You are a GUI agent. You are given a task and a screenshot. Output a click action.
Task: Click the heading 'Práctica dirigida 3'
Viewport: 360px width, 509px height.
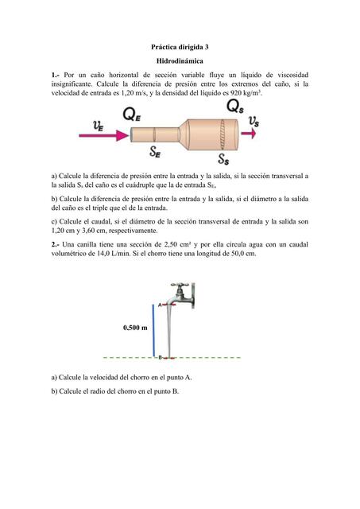[x=180, y=47]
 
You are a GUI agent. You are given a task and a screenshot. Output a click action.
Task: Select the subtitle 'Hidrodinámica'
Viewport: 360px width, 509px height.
[x=180, y=61]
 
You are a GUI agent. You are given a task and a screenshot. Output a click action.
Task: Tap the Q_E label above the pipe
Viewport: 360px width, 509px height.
[x=132, y=115]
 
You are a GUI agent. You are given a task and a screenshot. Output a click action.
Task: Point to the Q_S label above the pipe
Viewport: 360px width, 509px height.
[x=234, y=107]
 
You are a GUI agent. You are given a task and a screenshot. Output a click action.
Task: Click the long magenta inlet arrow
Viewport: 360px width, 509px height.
[x=104, y=135]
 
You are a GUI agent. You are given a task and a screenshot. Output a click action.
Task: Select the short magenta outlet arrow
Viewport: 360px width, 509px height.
[x=249, y=134]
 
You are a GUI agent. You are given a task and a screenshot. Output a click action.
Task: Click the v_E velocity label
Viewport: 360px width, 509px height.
[x=99, y=126]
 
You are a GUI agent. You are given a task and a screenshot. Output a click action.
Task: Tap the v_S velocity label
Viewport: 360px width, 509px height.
[x=254, y=122]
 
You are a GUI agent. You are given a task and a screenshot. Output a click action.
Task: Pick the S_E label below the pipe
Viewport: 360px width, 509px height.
[x=155, y=152]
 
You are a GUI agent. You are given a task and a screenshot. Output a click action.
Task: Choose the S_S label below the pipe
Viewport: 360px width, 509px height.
[x=223, y=159]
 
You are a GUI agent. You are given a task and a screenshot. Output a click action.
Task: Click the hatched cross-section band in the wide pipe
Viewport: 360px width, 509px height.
[x=223, y=134]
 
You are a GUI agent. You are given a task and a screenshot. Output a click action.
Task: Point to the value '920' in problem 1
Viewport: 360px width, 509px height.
[x=235, y=93]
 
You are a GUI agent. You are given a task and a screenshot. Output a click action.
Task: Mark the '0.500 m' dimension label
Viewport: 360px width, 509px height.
[x=135, y=328]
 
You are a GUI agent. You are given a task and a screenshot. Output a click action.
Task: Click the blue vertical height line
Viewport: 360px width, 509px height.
[x=153, y=330]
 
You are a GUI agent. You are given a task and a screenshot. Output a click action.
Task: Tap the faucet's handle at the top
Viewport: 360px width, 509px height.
[x=180, y=286]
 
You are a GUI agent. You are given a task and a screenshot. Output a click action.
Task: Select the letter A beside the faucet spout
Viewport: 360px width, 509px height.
[x=160, y=305]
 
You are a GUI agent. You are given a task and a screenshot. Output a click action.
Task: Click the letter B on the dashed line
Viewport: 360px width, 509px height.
[x=160, y=357]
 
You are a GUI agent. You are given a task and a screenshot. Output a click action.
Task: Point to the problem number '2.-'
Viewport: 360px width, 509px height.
[x=56, y=244]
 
